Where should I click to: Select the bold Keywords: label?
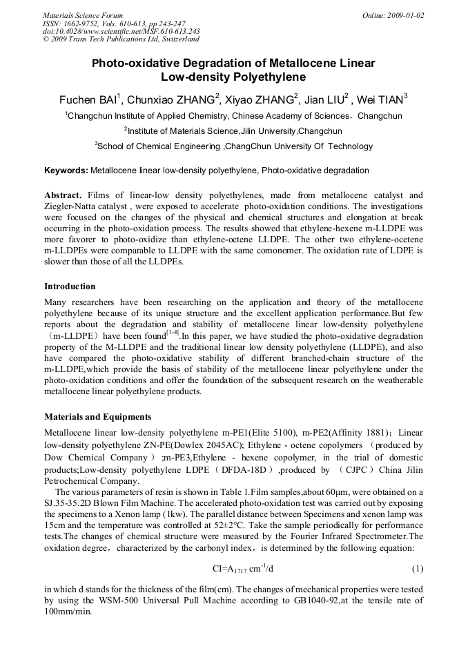coord(66,171)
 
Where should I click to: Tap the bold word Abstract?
coord(64,195)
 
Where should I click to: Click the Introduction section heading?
coord(70,286)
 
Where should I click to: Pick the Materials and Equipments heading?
coord(97,417)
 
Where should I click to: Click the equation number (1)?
coord(417,568)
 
